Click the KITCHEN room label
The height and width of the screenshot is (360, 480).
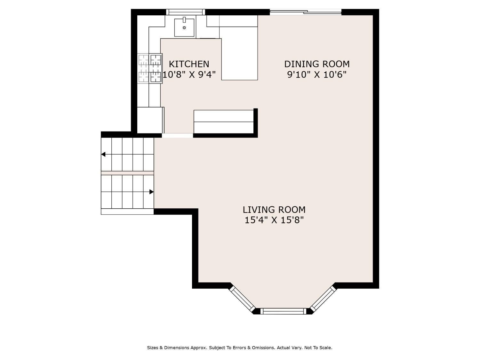tap(189, 64)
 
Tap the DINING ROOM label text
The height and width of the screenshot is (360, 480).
tap(317, 64)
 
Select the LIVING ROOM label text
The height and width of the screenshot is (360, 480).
tap(274, 210)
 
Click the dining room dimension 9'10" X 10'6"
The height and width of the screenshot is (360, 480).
tap(317, 75)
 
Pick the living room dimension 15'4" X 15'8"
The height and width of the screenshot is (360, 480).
tap(274, 220)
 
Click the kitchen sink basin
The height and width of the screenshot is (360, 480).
tap(184, 28)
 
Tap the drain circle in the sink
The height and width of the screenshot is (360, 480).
tap(184, 28)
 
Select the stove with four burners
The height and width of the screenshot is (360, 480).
tap(150, 68)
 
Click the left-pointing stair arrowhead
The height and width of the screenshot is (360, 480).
tap(103, 154)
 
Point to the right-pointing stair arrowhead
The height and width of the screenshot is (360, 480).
tap(151, 192)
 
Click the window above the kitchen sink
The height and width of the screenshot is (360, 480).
tap(185, 12)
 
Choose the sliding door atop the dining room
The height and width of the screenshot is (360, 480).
tap(306, 12)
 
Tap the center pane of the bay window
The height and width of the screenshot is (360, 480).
tap(283, 311)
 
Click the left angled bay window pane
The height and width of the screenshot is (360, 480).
tap(242, 299)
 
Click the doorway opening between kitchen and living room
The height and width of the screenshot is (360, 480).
tap(177, 135)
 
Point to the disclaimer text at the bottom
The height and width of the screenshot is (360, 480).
tap(240, 347)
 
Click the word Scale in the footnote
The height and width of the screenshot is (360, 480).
tap(326, 347)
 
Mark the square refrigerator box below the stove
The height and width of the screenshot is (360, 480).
tap(150, 120)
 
